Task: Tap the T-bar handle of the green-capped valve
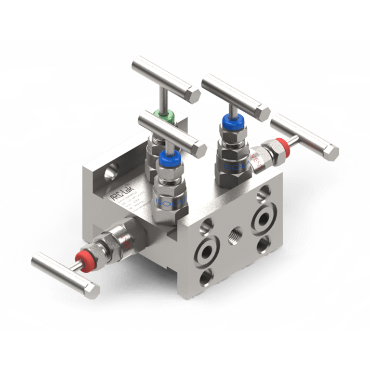pos(166,79)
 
